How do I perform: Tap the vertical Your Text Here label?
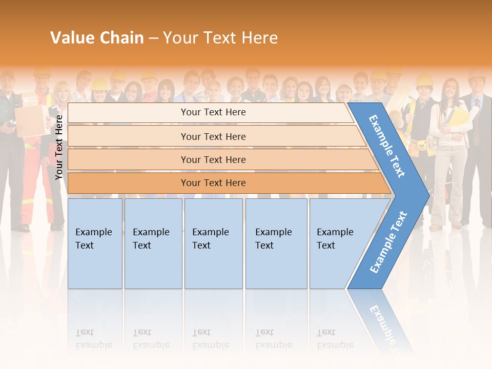point(59,147)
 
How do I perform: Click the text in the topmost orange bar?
point(213,112)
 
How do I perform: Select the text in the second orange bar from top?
point(213,136)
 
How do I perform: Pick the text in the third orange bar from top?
point(213,160)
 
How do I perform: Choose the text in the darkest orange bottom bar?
point(213,183)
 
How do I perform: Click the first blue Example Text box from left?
point(95,243)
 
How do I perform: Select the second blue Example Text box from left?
point(153,243)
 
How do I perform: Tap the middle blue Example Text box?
point(213,243)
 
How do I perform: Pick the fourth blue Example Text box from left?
point(276,243)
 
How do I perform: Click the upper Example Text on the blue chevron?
point(387,146)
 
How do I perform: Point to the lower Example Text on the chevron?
point(388,242)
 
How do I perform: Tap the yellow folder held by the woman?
point(458,116)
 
